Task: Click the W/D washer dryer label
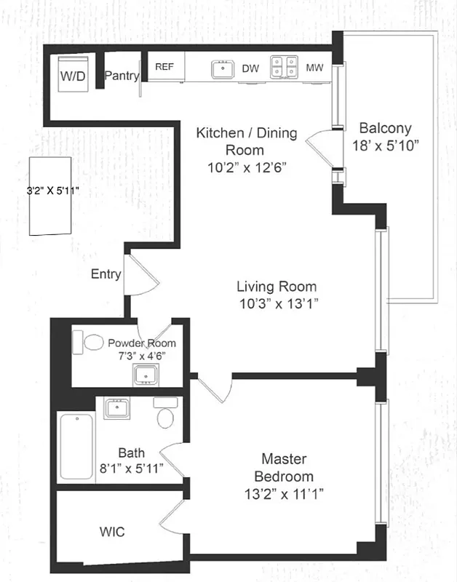point(72,76)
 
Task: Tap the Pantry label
point(121,76)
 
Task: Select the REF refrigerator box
point(165,67)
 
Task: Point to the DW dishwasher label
point(250,68)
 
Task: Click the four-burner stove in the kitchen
point(283,68)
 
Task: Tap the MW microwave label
point(314,68)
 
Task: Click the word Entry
point(106,274)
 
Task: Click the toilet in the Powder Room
point(93,342)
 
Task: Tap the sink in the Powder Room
point(146,375)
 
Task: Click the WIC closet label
point(111,532)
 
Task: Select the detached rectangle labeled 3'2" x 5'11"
point(51,196)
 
